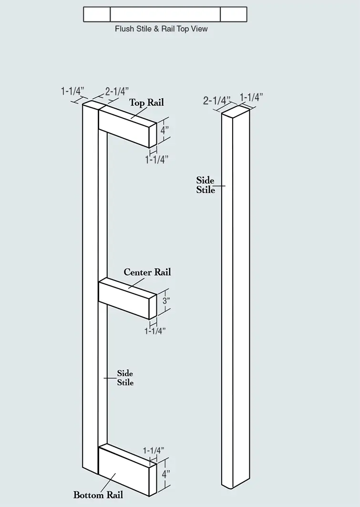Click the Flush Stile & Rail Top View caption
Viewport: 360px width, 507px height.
click(x=161, y=29)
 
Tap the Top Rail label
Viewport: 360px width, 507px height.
click(x=147, y=103)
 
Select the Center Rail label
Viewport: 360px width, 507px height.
click(x=147, y=272)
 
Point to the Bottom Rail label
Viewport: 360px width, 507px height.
click(x=98, y=495)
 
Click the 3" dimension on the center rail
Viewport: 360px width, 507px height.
click(x=166, y=300)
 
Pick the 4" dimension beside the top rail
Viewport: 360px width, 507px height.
click(x=165, y=131)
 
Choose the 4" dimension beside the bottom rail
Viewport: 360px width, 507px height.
click(x=166, y=475)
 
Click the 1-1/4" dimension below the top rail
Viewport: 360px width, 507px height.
click(x=157, y=160)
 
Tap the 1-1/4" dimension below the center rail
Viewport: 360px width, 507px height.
click(x=155, y=331)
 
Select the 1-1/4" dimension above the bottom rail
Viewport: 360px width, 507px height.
click(x=154, y=450)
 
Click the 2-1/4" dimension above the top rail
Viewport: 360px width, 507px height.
click(x=117, y=92)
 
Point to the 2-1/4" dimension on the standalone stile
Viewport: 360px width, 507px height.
click(x=217, y=101)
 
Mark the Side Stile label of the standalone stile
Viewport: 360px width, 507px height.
click(x=206, y=185)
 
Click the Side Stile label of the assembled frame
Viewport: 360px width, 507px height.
click(x=125, y=378)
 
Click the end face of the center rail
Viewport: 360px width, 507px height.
click(x=153, y=306)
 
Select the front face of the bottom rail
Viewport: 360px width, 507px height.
click(x=123, y=472)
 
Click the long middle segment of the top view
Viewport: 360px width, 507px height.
click(x=165, y=15)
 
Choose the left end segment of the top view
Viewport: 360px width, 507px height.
click(x=97, y=15)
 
